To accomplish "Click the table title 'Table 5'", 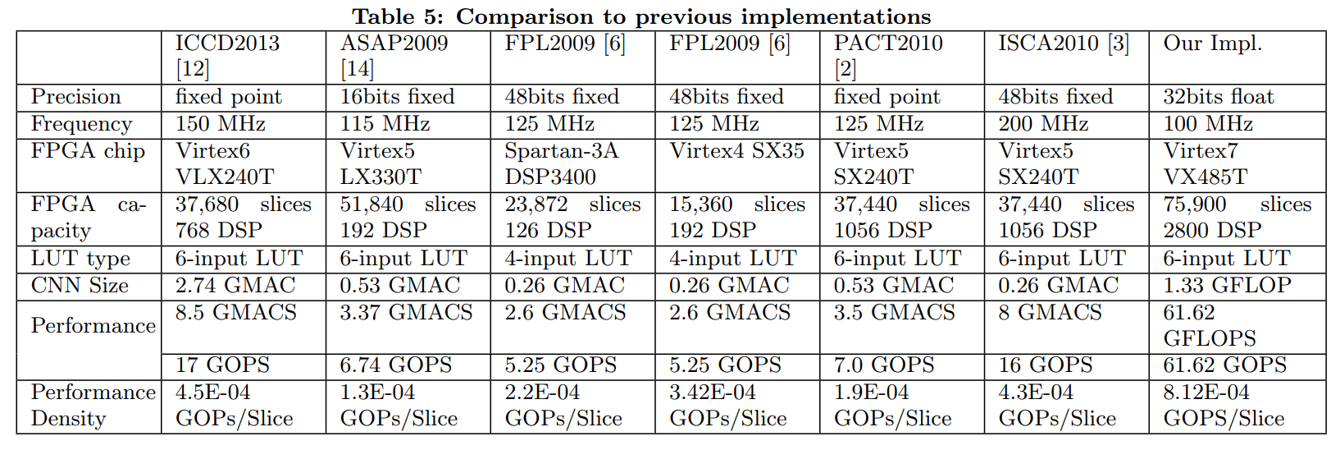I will [x=641, y=16].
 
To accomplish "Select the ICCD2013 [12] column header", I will [x=227, y=56].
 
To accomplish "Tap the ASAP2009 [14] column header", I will [x=394, y=56].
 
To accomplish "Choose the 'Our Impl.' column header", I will [x=1212, y=44].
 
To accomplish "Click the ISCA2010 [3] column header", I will [x=1063, y=44].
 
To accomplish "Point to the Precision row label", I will [x=76, y=97].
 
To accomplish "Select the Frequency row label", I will [x=81, y=124].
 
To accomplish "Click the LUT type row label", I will [x=80, y=259].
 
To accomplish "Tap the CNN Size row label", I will [x=80, y=286].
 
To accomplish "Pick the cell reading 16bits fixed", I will [x=397, y=97].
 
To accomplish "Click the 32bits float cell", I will [x=1218, y=97].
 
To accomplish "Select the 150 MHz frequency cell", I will [x=221, y=124].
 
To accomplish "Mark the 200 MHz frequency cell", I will [x=1043, y=124].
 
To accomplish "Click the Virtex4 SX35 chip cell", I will [x=736, y=151].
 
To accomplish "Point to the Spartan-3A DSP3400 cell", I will [x=561, y=164].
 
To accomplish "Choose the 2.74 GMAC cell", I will [x=235, y=286].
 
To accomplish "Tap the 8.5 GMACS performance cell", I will [x=236, y=313].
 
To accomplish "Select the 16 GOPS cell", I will [x=1045, y=365].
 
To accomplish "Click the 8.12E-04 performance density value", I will [x=1206, y=393].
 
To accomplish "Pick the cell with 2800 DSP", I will [x=1212, y=231].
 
